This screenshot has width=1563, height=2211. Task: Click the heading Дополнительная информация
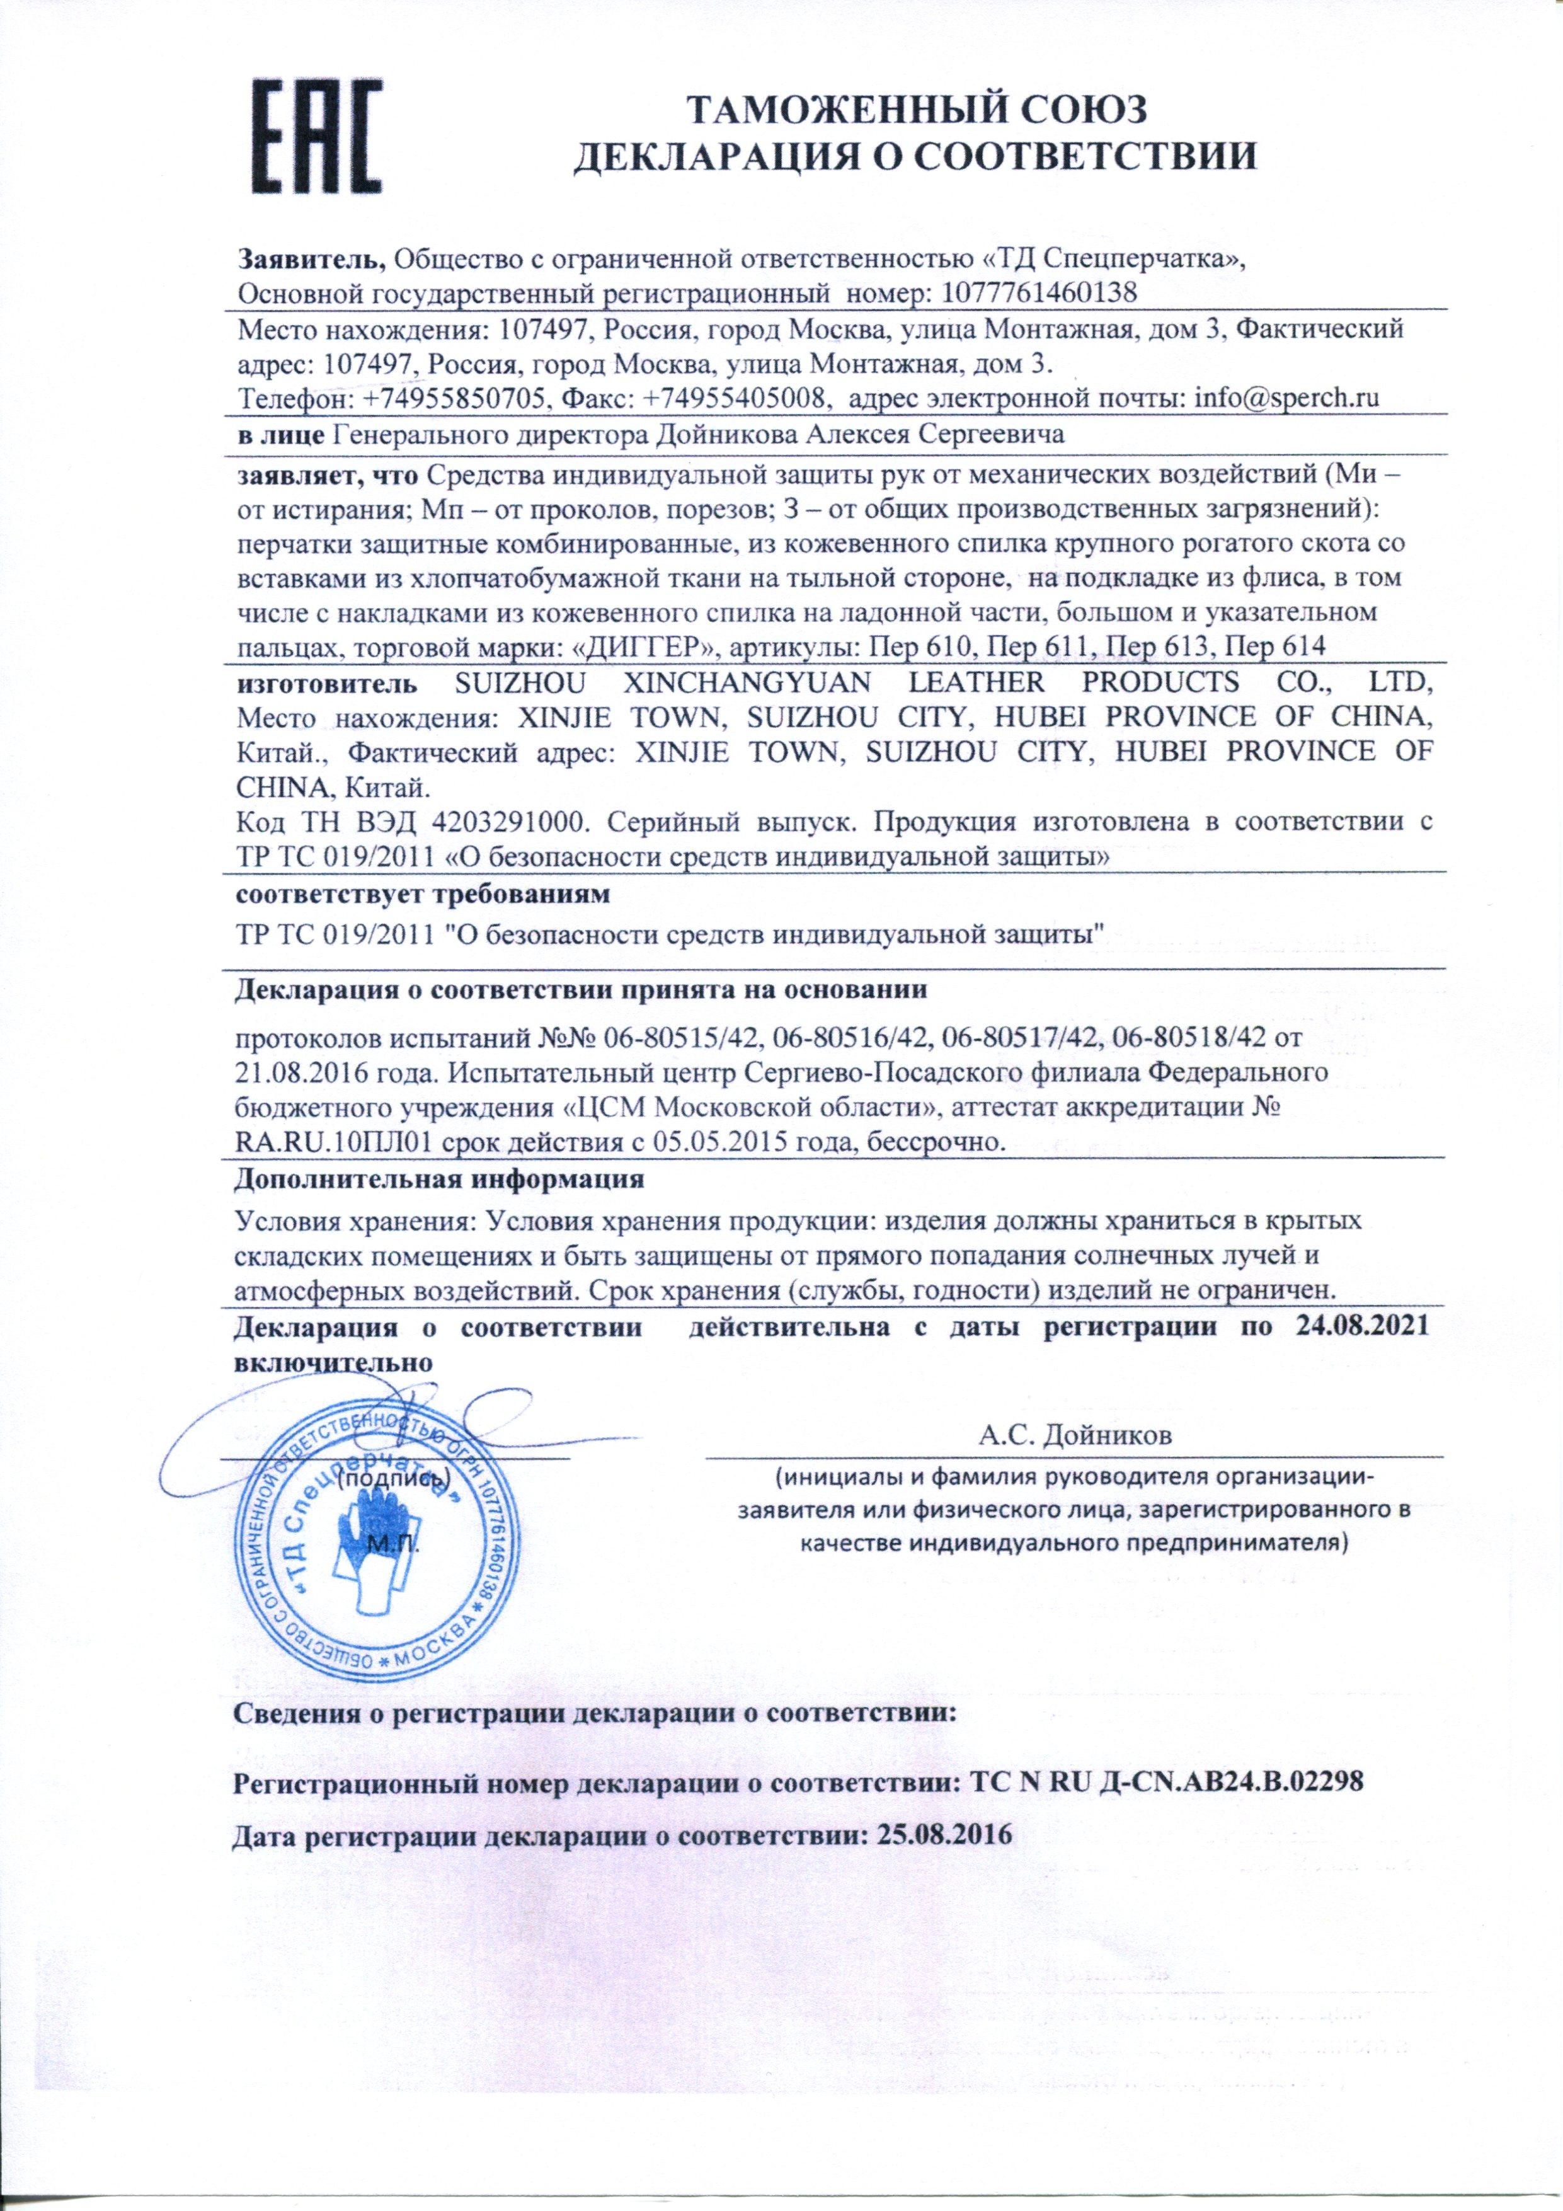(x=439, y=1178)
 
